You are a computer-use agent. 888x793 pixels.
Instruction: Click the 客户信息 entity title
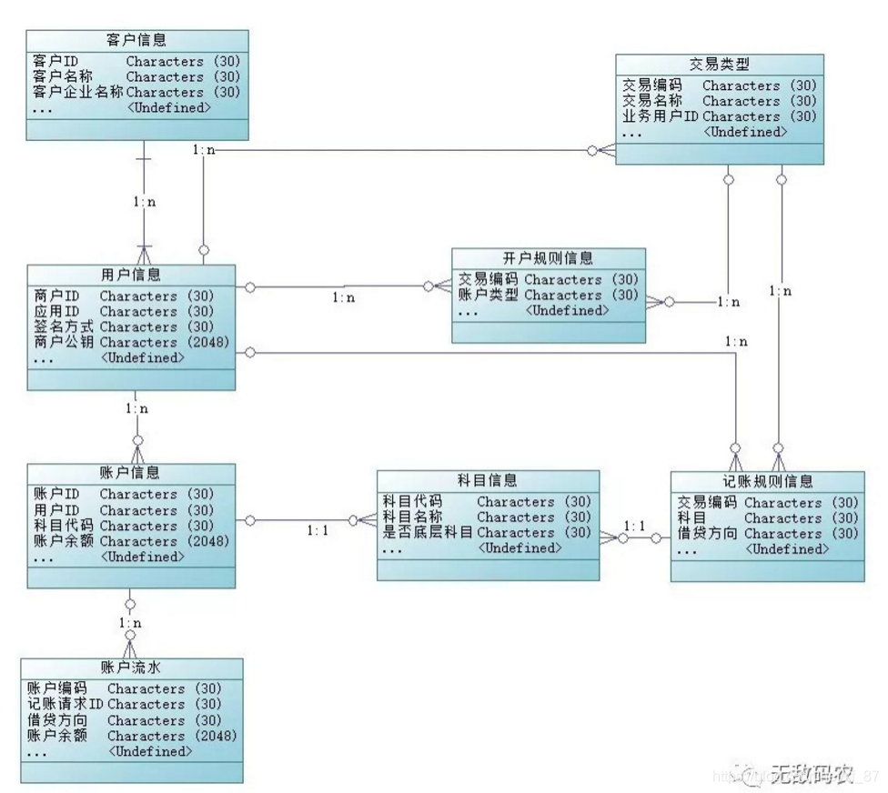[x=136, y=40]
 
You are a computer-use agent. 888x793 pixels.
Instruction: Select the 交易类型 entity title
[x=719, y=64]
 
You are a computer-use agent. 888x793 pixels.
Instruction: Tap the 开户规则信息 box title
[x=549, y=258]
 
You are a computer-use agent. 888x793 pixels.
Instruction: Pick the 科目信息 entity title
[x=488, y=480]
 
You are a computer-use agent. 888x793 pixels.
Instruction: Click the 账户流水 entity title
[x=132, y=668]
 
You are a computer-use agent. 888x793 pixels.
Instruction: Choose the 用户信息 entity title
[x=132, y=275]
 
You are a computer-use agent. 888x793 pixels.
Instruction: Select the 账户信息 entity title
[x=132, y=473]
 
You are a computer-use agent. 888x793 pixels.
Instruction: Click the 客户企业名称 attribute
[x=77, y=92]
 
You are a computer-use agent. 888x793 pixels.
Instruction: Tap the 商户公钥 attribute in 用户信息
[x=61, y=342]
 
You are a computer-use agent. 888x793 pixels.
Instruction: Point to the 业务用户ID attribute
[x=660, y=116]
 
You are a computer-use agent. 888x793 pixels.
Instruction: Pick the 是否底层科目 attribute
[x=427, y=533]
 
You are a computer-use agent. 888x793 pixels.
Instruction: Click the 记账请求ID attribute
[x=66, y=704]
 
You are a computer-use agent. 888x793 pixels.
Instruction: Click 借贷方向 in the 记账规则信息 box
[x=707, y=534]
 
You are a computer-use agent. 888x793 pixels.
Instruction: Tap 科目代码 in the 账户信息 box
[x=63, y=526]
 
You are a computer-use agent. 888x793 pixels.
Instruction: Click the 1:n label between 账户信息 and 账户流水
[x=131, y=624]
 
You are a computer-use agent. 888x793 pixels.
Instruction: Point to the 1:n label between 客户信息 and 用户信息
[x=144, y=202]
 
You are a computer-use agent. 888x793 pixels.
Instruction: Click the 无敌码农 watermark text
[x=812, y=773]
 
